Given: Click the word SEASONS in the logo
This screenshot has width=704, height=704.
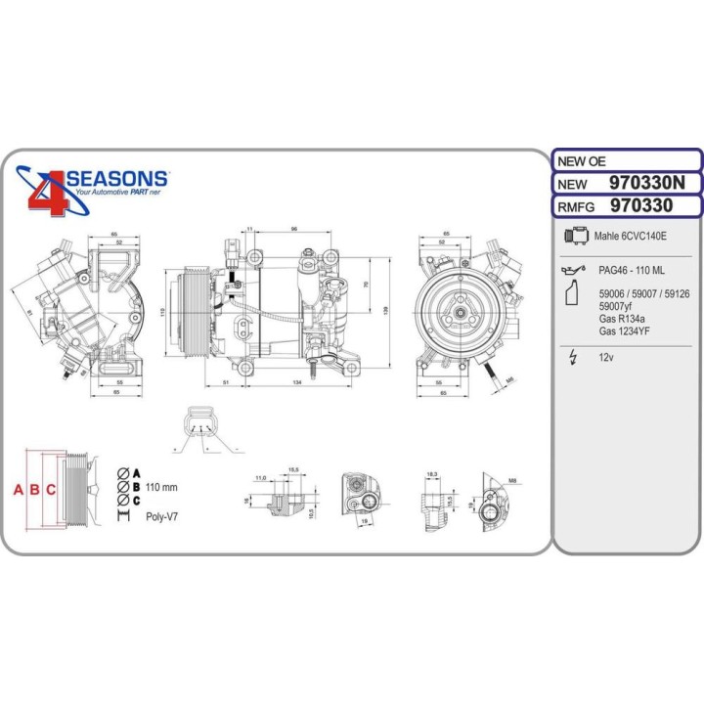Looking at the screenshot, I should pyautogui.click(x=116, y=180).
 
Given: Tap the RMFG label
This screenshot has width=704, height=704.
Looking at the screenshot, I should pyautogui.click(x=576, y=206).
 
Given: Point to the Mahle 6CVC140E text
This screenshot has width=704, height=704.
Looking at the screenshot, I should pyautogui.click(x=633, y=236).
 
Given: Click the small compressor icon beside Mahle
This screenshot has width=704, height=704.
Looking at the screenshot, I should pyautogui.click(x=578, y=236).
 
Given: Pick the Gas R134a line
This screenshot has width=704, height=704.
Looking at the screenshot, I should pyautogui.click(x=625, y=318).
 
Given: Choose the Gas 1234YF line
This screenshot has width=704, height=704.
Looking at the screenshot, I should pyautogui.click(x=627, y=330).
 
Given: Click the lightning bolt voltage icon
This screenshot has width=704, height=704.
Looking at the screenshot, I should pyautogui.click(x=575, y=358).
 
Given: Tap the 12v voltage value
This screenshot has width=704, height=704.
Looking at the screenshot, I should pyautogui.click(x=606, y=358).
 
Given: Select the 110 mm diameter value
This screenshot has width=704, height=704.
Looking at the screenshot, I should pyautogui.click(x=161, y=487).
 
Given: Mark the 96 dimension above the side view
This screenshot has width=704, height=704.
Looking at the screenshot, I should pyautogui.click(x=293, y=230).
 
